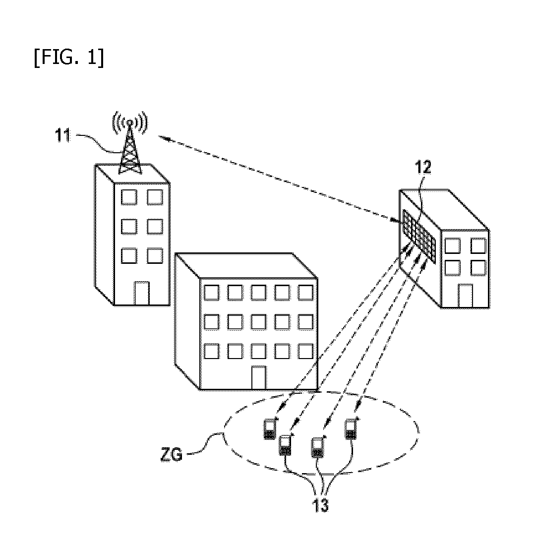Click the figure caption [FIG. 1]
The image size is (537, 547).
69,58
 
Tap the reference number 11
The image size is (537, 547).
63,135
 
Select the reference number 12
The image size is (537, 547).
423,168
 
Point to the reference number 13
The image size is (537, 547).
320,505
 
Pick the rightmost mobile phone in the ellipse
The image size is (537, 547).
351,428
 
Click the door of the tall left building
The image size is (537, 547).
142,293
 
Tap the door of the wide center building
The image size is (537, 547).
259,377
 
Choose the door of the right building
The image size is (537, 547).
465,296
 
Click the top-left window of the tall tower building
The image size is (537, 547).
129,197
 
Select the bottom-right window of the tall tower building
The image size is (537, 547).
155,255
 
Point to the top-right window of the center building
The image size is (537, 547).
305,293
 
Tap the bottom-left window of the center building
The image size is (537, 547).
212,351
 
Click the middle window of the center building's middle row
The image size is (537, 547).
258,322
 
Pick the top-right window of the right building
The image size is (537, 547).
478,245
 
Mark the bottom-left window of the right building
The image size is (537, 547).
452,268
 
